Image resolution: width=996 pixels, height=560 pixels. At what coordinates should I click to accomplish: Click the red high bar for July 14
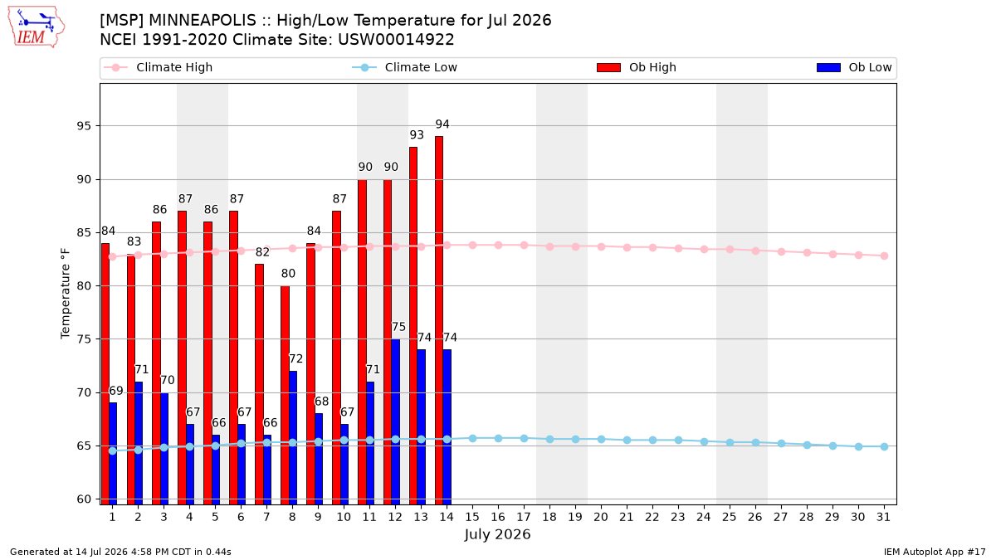[x=439, y=320]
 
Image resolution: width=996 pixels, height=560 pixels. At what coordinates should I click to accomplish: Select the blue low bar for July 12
[x=395, y=421]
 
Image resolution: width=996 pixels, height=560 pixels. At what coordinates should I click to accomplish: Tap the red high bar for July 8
[x=285, y=395]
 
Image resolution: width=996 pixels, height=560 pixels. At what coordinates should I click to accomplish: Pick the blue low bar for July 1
[x=113, y=453]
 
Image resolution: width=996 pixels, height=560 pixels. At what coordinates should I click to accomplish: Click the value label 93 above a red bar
[x=417, y=134]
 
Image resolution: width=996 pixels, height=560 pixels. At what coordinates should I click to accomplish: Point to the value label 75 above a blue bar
[x=398, y=327]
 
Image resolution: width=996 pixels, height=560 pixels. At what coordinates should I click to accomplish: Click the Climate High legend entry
[x=159, y=67]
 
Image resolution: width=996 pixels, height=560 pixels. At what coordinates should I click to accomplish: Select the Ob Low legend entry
[x=854, y=67]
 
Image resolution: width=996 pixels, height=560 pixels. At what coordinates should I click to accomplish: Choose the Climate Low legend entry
[x=405, y=67]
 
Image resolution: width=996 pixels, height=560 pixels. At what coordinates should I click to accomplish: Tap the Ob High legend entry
[x=637, y=67]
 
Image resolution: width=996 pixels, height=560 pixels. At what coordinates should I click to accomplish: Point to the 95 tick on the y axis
[x=84, y=126]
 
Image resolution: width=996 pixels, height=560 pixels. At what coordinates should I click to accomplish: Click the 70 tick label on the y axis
[x=84, y=393]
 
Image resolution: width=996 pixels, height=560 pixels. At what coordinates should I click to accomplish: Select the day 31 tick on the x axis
[x=883, y=517]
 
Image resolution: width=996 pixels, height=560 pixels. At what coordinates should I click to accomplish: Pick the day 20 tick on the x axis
[x=601, y=517]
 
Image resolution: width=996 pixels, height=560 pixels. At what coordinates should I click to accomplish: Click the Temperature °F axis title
[x=66, y=294]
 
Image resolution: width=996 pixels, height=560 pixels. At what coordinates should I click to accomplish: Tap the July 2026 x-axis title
[x=497, y=534]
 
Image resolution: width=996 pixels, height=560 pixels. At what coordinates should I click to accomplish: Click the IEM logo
[x=36, y=27]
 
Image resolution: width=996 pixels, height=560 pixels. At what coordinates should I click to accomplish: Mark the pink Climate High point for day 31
[x=884, y=256]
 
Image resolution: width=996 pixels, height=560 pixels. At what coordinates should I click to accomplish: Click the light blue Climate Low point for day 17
[x=524, y=438]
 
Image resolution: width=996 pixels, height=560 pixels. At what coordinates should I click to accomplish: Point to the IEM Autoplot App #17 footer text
[x=935, y=552]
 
